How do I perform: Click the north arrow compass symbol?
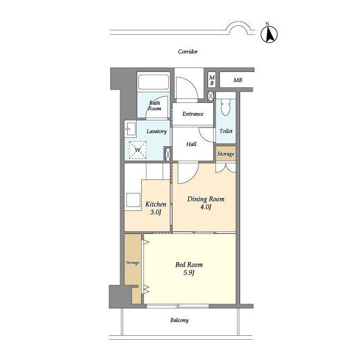(269, 34)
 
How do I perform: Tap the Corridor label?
(188, 52)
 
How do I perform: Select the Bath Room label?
(155, 106)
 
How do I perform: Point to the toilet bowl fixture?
(226, 107)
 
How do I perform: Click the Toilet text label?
(226, 131)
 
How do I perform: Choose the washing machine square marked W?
(138, 150)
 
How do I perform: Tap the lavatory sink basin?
(130, 129)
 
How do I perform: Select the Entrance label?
(193, 114)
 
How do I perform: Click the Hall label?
(191, 144)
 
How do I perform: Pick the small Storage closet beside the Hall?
(226, 154)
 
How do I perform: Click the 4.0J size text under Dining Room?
(206, 207)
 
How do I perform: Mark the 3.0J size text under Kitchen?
(155, 212)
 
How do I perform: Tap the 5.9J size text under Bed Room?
(189, 273)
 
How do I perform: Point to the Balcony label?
(179, 320)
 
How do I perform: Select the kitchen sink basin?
(133, 200)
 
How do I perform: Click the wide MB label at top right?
(237, 80)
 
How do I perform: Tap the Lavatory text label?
(156, 131)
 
